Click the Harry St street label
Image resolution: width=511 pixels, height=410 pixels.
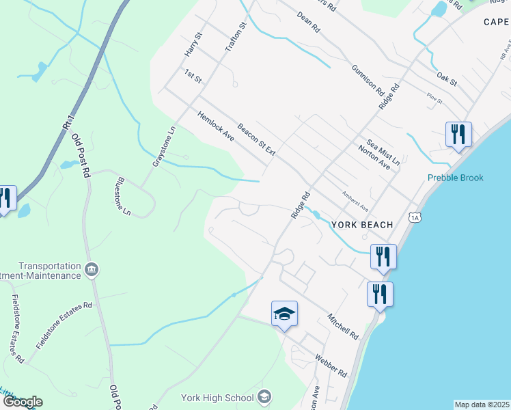tap(190, 44)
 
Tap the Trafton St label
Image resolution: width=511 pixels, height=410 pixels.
tap(236, 38)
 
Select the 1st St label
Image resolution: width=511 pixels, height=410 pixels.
tap(193, 76)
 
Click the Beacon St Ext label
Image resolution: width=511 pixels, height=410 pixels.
tap(255, 139)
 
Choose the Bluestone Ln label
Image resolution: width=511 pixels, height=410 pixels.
tap(124, 196)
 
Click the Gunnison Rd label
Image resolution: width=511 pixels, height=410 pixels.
tap(368, 79)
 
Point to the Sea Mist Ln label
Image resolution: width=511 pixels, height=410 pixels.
tap(382, 146)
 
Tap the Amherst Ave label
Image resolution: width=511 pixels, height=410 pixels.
tap(355, 201)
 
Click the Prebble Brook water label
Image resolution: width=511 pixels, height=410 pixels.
tap(455, 178)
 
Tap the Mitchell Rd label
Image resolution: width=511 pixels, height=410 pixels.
tap(342, 327)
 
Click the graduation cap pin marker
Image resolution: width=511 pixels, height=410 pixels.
tap(284, 314)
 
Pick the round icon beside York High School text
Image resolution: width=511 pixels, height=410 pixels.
tap(264, 397)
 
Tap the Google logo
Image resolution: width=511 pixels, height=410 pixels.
tap(23, 402)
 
